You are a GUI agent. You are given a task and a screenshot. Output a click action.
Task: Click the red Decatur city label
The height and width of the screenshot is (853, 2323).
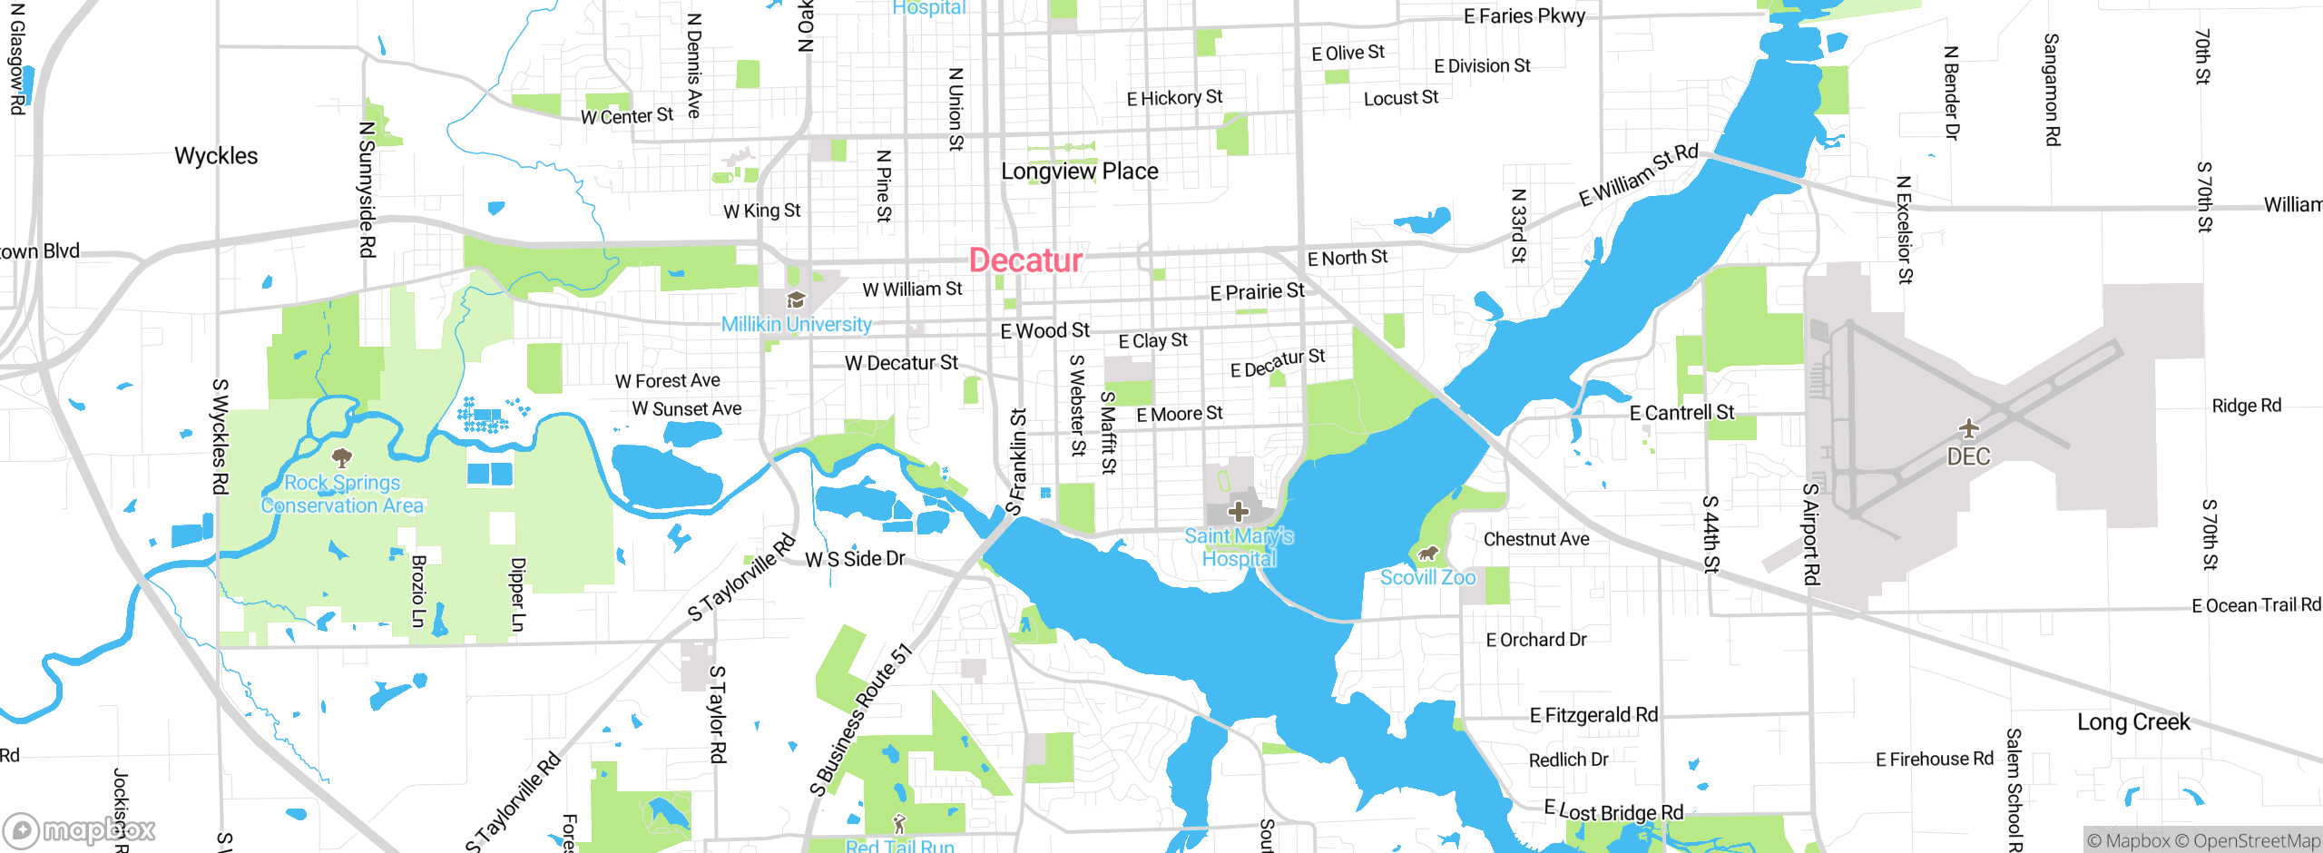click(1025, 260)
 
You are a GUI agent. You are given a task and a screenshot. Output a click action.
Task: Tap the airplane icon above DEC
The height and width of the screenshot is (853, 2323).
click(1968, 427)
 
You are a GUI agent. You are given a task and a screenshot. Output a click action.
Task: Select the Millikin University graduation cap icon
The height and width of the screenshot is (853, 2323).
click(796, 300)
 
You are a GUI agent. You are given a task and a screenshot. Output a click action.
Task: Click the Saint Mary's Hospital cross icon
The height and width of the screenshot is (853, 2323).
click(1239, 511)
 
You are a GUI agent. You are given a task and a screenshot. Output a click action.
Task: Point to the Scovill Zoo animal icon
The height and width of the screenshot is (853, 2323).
click(1428, 554)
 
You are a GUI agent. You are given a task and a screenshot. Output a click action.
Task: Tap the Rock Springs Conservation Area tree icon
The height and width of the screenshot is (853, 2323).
click(341, 456)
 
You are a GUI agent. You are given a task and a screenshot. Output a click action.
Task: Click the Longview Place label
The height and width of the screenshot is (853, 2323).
click(1079, 172)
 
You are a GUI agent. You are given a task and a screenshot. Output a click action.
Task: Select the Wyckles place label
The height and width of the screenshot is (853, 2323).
click(216, 156)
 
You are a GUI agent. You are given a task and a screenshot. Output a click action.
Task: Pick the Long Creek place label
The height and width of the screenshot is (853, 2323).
click(2133, 722)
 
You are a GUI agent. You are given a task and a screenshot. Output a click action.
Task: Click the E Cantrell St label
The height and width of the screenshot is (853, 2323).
click(1681, 414)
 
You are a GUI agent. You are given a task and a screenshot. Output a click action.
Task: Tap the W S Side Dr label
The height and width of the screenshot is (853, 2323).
click(855, 559)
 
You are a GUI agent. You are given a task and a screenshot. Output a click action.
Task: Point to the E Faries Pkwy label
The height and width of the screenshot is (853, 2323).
click(1524, 16)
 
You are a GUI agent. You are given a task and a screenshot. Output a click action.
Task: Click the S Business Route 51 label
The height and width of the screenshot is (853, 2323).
click(860, 721)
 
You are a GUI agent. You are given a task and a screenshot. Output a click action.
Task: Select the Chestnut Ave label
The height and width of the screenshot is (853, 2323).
click(1536, 539)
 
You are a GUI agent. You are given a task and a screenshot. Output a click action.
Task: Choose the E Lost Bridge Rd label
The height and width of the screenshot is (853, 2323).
click(1613, 811)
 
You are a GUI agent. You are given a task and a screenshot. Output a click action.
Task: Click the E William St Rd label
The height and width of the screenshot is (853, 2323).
click(1638, 175)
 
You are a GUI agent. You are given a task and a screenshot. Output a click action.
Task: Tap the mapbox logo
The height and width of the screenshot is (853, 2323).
click(79, 829)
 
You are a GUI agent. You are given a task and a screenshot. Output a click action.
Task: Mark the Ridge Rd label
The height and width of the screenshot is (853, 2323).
click(2246, 406)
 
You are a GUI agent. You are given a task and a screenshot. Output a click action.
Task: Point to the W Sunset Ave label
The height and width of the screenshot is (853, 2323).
click(686, 409)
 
